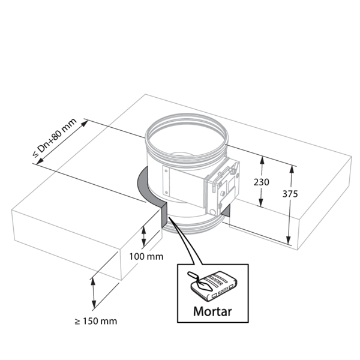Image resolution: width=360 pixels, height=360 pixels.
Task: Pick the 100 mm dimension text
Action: (146, 256)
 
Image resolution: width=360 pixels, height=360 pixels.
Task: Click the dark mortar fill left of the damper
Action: (145, 187)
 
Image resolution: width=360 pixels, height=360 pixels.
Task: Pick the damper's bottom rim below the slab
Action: (192, 227)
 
